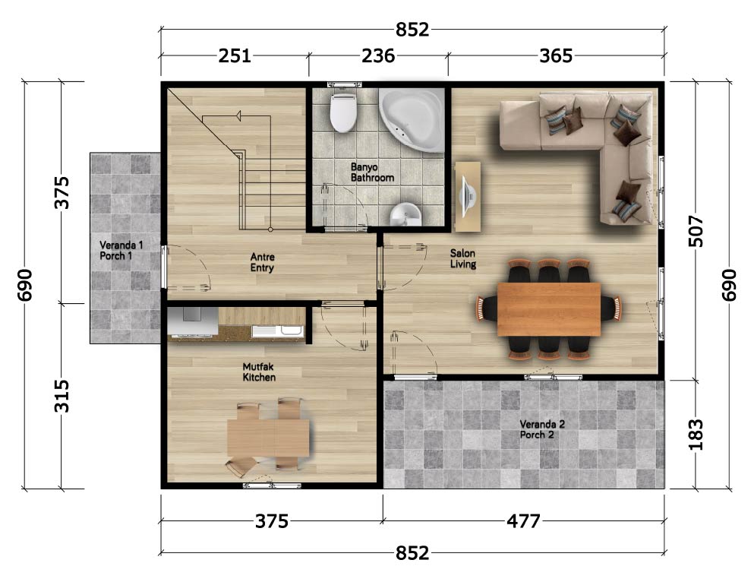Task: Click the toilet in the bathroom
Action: coord(343,112)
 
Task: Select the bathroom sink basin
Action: coord(405,214)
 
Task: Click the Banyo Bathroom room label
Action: coord(372,172)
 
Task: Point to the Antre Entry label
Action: coord(262,263)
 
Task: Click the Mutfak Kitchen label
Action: coord(259,372)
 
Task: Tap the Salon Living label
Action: coord(463,259)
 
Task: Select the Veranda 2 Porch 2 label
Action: coord(542,429)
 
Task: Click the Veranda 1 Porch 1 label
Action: coord(121,251)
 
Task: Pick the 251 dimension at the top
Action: coord(235,55)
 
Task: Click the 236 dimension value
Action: coord(378,55)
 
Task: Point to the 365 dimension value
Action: coord(556,55)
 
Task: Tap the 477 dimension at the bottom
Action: coord(524,521)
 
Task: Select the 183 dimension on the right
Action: coord(696,435)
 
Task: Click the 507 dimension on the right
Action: coord(696,232)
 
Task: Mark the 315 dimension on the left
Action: coord(62,397)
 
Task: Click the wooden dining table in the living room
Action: coord(549,309)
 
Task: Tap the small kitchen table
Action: coord(268,438)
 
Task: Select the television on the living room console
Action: coord(468,196)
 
